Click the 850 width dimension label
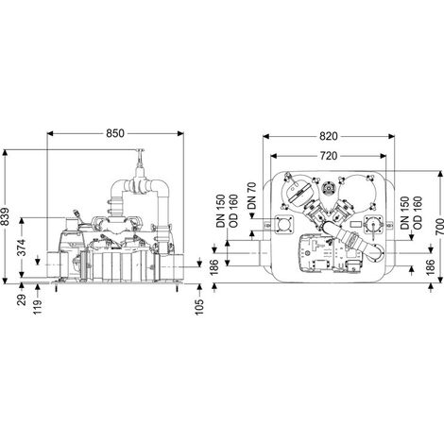(x=115, y=133)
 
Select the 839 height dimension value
(x=6, y=216)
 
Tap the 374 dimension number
(x=22, y=248)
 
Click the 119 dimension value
(x=38, y=307)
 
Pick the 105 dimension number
(x=199, y=307)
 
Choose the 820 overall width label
(x=329, y=136)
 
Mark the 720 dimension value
(x=329, y=156)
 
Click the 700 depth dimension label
(x=439, y=227)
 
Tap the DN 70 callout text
(x=252, y=196)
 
